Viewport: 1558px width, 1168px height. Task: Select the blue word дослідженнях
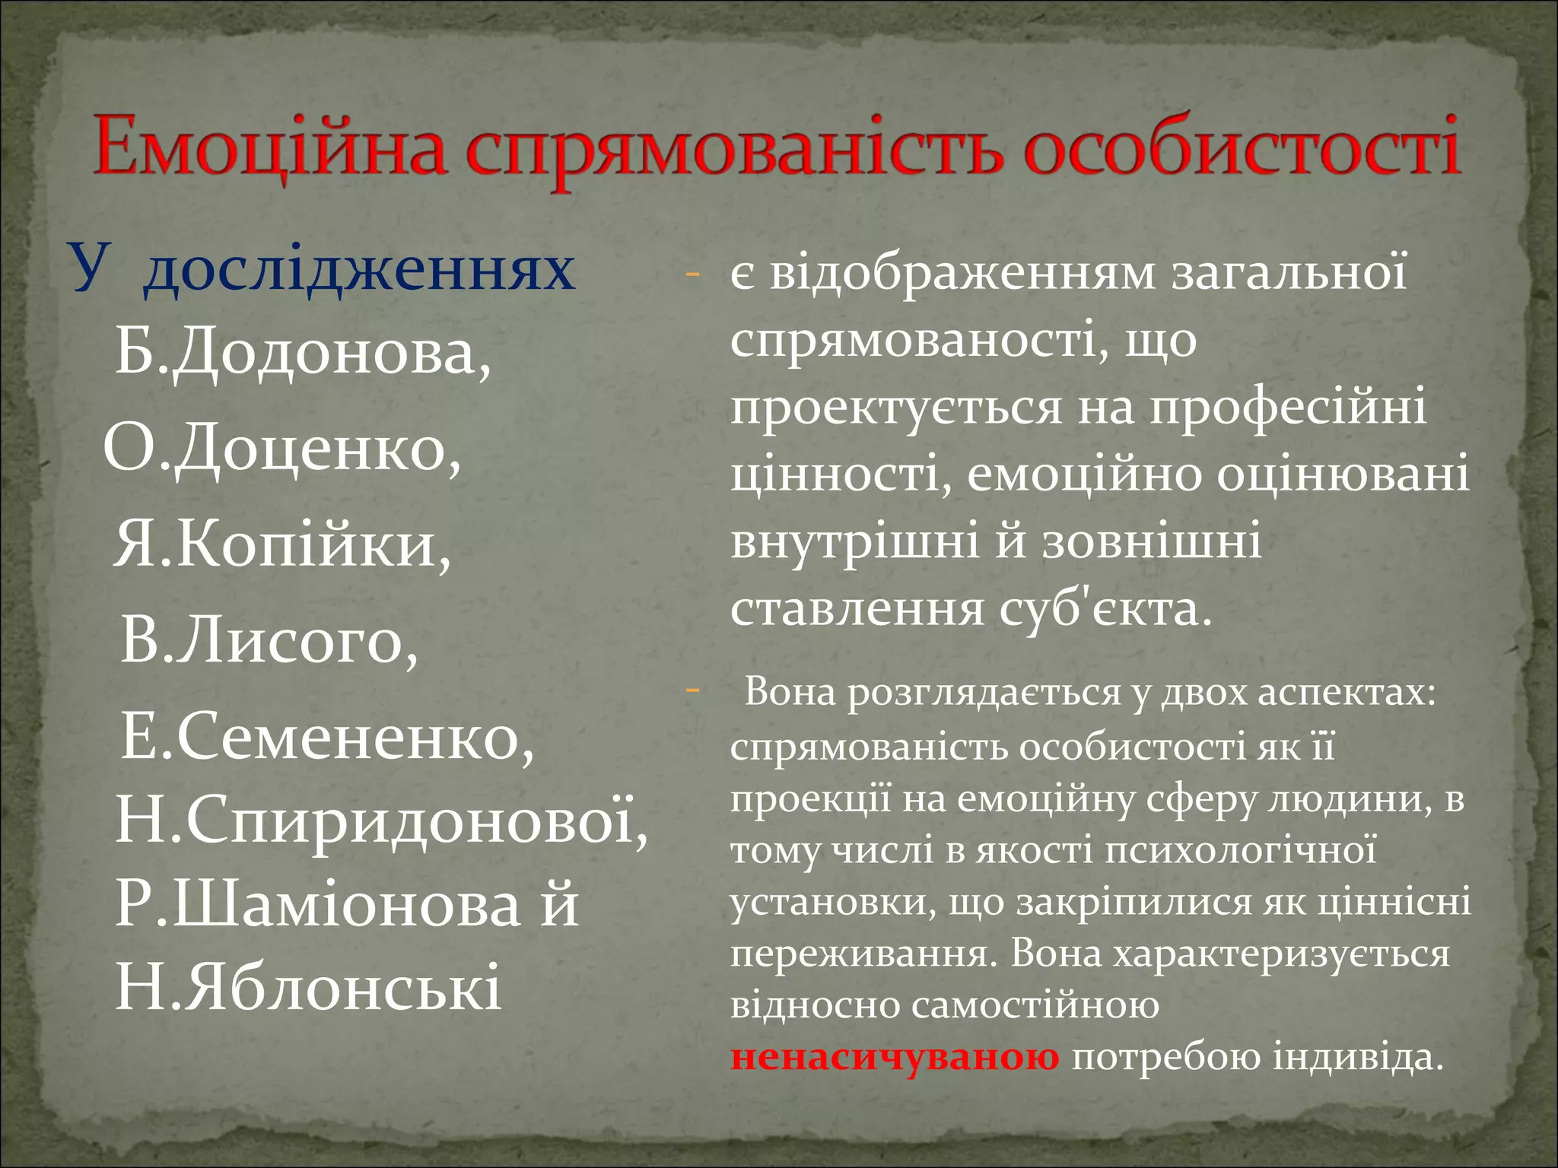click(x=359, y=270)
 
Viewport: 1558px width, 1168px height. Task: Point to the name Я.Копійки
click(x=282, y=546)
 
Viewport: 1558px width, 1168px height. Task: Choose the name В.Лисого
click(x=269, y=641)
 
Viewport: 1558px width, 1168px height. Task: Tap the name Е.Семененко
click(x=327, y=737)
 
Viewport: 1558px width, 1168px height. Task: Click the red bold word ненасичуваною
click(x=895, y=1057)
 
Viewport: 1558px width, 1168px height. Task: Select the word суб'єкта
click(x=1104, y=609)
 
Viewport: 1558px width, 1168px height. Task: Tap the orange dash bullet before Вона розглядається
click(x=692, y=691)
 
